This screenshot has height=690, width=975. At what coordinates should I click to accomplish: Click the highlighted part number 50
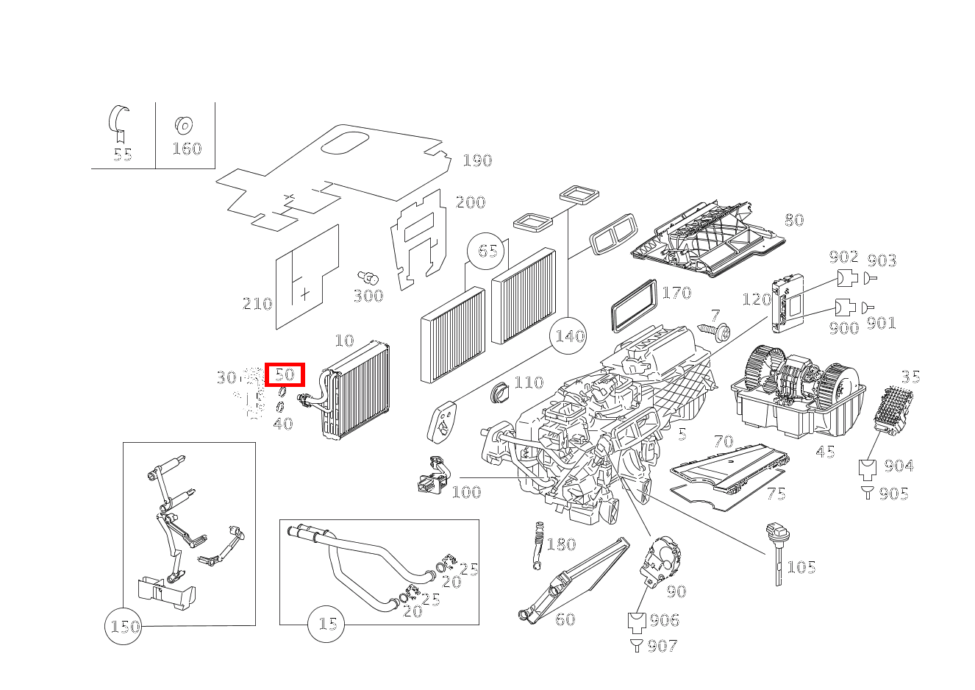coord(285,374)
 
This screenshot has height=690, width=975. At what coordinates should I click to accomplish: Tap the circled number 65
coord(488,250)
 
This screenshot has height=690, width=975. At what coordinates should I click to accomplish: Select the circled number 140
coord(569,336)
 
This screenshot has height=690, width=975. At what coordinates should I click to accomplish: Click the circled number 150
coord(124,627)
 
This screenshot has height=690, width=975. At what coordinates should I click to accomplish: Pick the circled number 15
coord(327,624)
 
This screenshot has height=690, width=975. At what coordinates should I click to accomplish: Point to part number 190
coord(476,160)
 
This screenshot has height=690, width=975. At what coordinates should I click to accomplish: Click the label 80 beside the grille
coord(793,219)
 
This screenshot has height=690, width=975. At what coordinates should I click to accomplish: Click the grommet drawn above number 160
coord(182,125)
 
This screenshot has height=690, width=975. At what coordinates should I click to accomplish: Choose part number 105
coord(801,566)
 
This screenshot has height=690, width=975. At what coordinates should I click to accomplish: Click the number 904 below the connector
coord(898,466)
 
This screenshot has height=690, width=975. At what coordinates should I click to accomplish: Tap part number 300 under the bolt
coord(368,296)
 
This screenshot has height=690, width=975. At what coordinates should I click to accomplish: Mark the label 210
coord(257,303)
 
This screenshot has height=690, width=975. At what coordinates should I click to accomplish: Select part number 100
coord(465,491)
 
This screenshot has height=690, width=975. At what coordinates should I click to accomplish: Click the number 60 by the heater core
coord(565,619)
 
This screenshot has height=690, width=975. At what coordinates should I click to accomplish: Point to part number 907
coord(662,646)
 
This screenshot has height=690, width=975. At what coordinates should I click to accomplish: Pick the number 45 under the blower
coord(825,451)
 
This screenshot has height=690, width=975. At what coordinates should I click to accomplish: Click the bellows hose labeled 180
coord(538,546)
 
